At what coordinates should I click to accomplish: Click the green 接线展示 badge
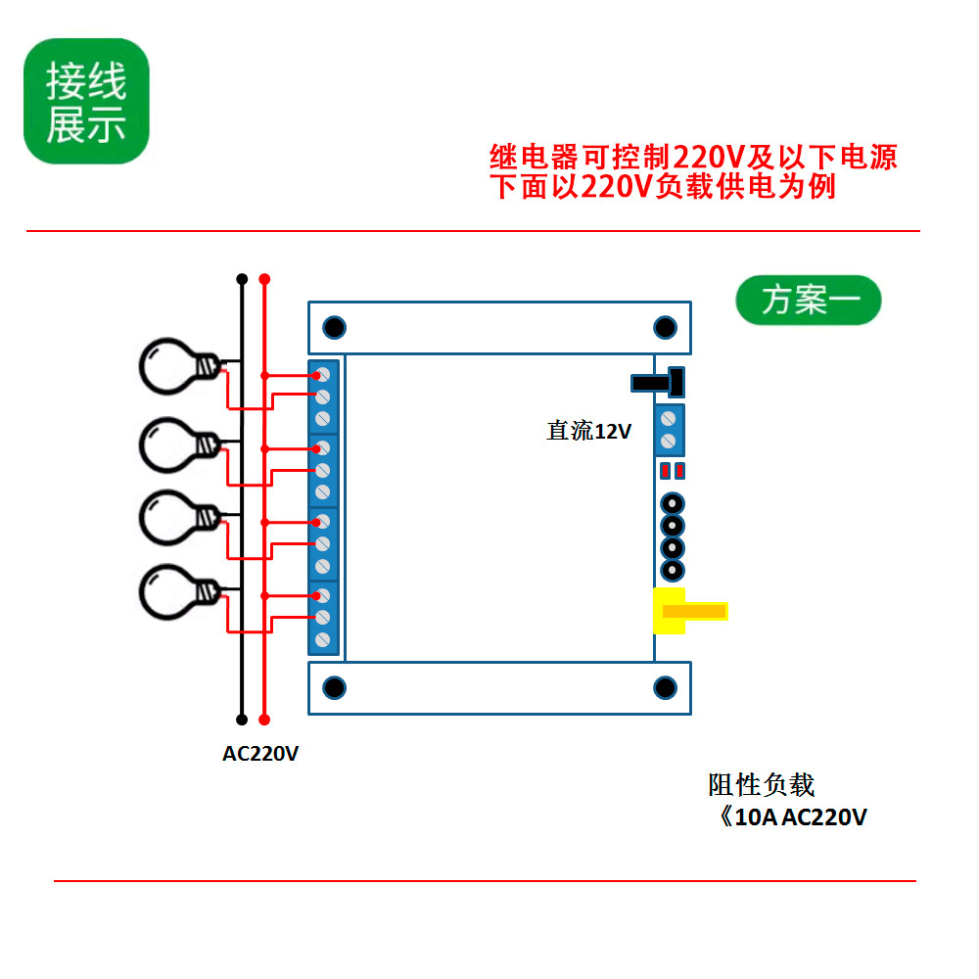(x=86, y=101)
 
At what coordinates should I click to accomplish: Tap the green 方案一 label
(x=809, y=301)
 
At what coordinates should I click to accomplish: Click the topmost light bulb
(x=180, y=366)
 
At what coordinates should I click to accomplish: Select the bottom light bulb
(x=180, y=592)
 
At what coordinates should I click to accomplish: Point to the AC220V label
(x=260, y=754)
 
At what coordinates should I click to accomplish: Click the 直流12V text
(x=588, y=431)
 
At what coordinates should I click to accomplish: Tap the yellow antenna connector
(x=690, y=611)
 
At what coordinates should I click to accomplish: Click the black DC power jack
(x=658, y=382)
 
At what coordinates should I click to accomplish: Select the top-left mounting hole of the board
(x=334, y=327)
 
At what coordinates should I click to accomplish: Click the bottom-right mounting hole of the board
(x=665, y=687)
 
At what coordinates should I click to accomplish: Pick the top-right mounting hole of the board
(x=665, y=327)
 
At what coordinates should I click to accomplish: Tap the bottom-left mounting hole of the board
(x=334, y=687)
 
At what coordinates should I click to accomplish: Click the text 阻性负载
(x=761, y=785)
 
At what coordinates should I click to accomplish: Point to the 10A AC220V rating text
(x=794, y=816)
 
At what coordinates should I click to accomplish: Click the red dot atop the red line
(x=264, y=278)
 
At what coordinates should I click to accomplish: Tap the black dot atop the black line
(x=242, y=278)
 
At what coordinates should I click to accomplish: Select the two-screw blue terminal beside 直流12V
(x=670, y=430)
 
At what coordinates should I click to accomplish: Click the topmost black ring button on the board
(x=673, y=503)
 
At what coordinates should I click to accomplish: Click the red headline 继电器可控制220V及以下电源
(x=693, y=156)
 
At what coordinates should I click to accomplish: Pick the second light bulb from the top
(x=180, y=445)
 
